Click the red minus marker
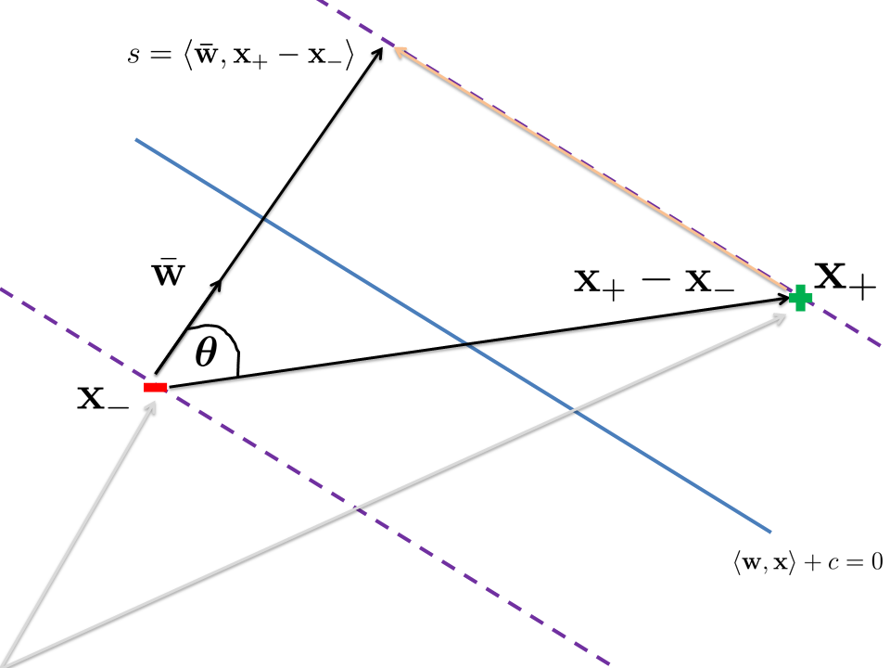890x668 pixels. click(155, 388)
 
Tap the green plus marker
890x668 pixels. click(800, 298)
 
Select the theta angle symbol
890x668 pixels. click(206, 353)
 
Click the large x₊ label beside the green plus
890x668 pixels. click(845, 279)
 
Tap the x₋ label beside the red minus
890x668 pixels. click(103, 398)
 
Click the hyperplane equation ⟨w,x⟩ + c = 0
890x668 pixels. click(808, 562)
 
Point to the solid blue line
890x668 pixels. click(453, 336)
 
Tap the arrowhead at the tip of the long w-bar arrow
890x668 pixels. click(378, 53)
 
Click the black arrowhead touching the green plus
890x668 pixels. click(783, 298)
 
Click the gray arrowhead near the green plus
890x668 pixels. click(779, 317)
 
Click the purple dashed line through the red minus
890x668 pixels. click(305, 477)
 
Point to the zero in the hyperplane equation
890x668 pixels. click(877, 562)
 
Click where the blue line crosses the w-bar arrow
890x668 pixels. click(261, 217)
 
